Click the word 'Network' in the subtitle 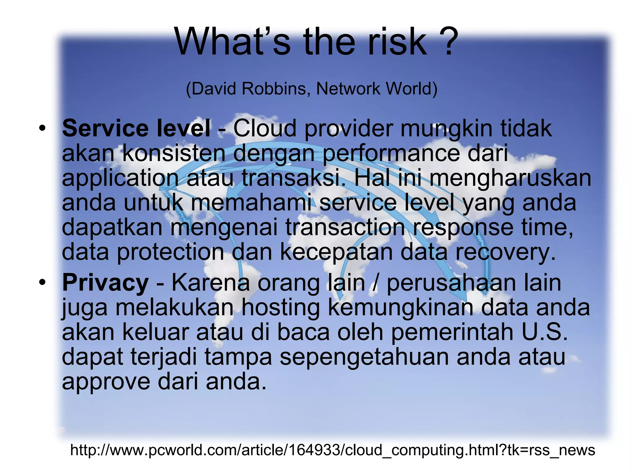click(349, 89)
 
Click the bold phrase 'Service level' click(136, 128)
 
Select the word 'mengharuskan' click(510, 178)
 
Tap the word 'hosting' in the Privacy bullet click(280, 308)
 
